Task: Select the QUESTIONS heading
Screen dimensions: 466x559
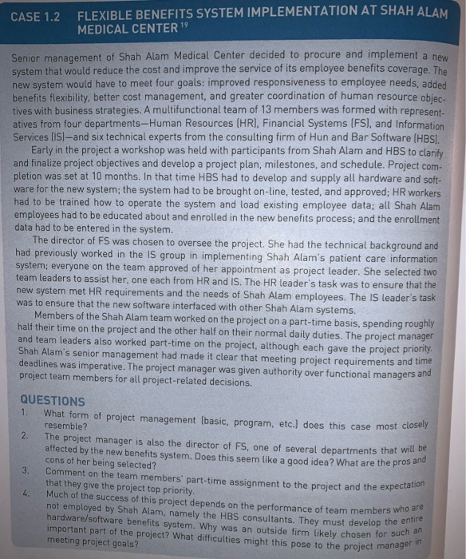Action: pyautogui.click(x=52, y=400)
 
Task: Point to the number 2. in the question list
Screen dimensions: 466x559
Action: pyautogui.click(x=24, y=436)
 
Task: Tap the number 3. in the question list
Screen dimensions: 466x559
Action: pyautogui.click(x=24, y=471)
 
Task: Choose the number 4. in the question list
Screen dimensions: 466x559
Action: pyautogui.click(x=24, y=494)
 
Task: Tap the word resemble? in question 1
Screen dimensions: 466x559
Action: pyautogui.click(x=67, y=426)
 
